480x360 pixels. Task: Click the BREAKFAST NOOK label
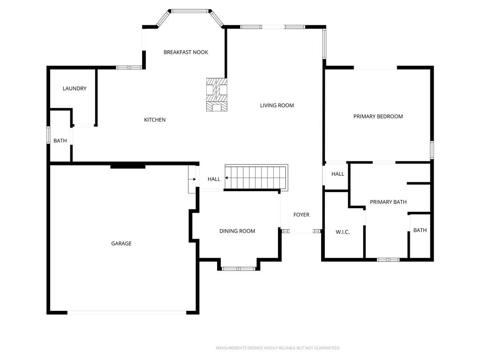pyautogui.click(x=186, y=52)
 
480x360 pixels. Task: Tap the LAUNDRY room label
pyautogui.click(x=75, y=89)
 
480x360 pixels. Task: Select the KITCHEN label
pyautogui.click(x=155, y=120)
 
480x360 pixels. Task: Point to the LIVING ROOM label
pyautogui.click(x=277, y=105)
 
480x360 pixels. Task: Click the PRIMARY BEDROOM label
pyautogui.click(x=378, y=116)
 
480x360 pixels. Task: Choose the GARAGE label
pyautogui.click(x=121, y=243)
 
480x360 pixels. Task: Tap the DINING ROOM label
pyautogui.click(x=237, y=231)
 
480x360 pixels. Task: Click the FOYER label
pyautogui.click(x=301, y=215)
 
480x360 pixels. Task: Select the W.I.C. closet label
pyautogui.click(x=343, y=232)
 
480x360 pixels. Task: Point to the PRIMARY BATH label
pyautogui.click(x=388, y=202)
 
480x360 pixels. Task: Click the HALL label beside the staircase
pyautogui.click(x=214, y=179)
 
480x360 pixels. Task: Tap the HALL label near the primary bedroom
pyautogui.click(x=337, y=174)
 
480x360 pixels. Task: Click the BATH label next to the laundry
pyautogui.click(x=60, y=141)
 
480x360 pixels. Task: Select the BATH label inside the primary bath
pyautogui.click(x=420, y=230)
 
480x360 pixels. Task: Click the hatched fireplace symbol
pyautogui.click(x=217, y=95)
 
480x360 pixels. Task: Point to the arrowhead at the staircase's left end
pyautogui.click(x=226, y=178)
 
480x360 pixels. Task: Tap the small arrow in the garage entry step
pyautogui.click(x=193, y=179)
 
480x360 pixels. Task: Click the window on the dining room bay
pyautogui.click(x=238, y=269)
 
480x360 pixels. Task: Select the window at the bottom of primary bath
pyautogui.click(x=388, y=260)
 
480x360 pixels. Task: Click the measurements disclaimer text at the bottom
pyautogui.click(x=278, y=348)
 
